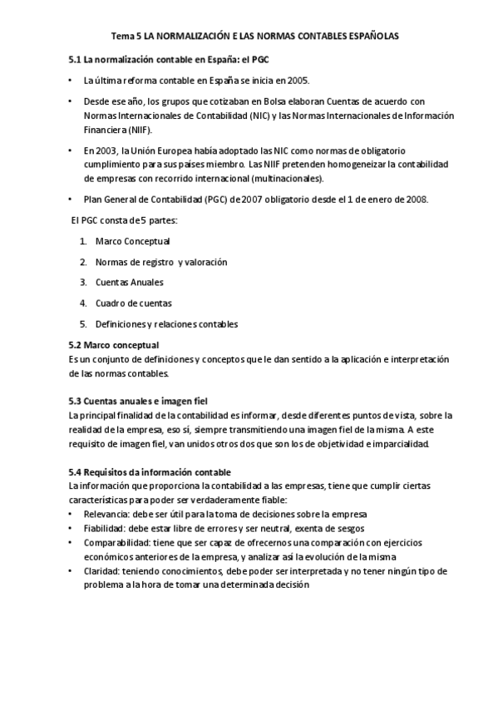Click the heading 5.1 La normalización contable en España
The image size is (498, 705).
[168, 62]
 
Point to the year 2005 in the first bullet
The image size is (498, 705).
[298, 81]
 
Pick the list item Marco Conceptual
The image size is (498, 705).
[133, 241]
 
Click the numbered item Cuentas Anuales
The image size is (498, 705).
[129, 283]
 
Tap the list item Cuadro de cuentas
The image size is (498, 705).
[133, 303]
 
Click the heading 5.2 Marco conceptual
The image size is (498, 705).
[113, 345]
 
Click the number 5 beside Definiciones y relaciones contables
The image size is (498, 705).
[83, 323]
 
